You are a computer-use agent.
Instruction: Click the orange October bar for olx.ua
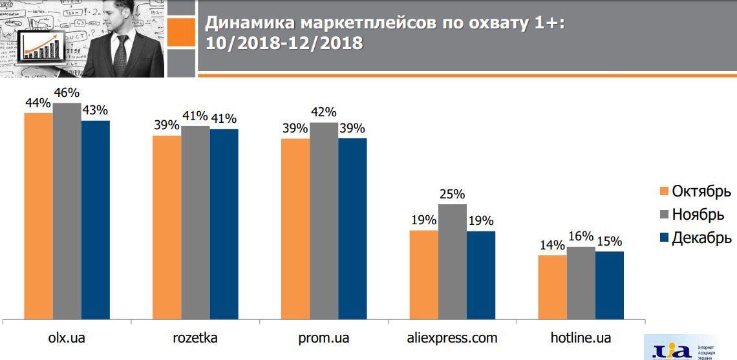pyautogui.click(x=39, y=216)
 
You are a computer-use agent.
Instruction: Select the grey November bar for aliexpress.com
pyautogui.click(x=453, y=261)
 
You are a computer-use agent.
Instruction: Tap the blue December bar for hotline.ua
pyautogui.click(x=609, y=285)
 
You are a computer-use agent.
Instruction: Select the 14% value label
pyautogui.click(x=552, y=246)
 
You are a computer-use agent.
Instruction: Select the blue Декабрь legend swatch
pyautogui.click(x=663, y=238)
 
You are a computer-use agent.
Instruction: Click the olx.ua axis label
pyautogui.click(x=67, y=338)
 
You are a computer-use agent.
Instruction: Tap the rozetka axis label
pyautogui.click(x=195, y=338)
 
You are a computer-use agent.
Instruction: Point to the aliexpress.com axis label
pyautogui.click(x=453, y=338)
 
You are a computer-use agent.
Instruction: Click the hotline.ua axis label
pyautogui.click(x=581, y=338)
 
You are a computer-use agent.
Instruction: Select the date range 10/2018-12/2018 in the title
pyautogui.click(x=284, y=43)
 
